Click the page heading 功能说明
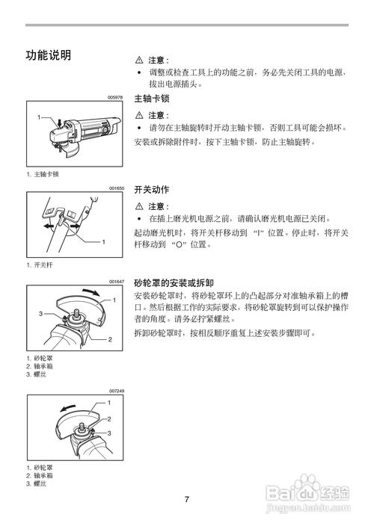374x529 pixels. (49, 55)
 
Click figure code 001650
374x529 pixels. (115, 189)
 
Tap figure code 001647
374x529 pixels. (115, 281)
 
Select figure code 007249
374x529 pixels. (115, 390)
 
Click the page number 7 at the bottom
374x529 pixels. (187, 499)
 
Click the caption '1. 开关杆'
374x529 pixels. (40, 265)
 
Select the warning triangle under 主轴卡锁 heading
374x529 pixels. (138, 115)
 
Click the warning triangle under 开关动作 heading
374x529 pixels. (138, 206)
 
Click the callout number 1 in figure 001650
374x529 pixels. (103, 241)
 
